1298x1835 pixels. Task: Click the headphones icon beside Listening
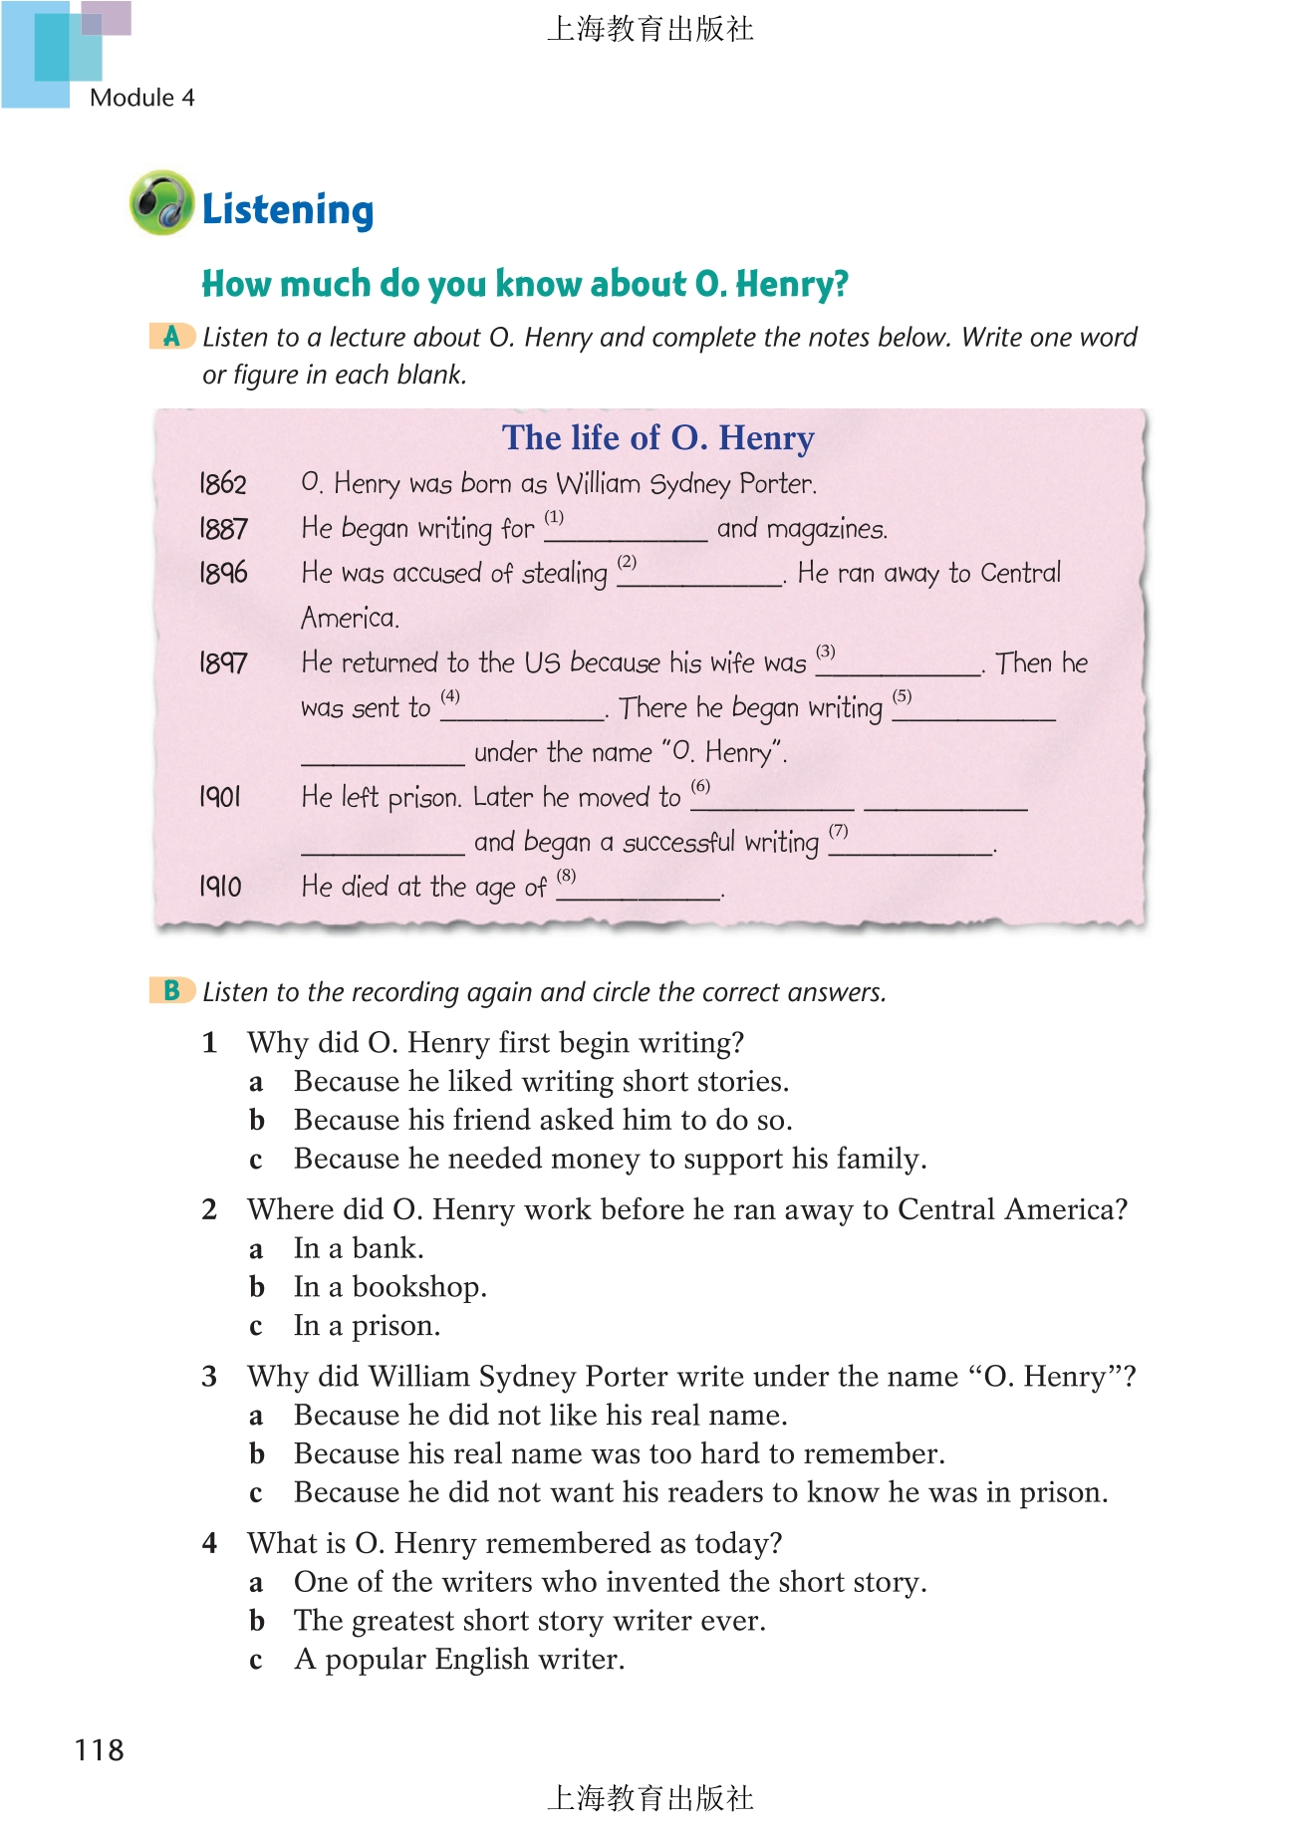click(x=161, y=203)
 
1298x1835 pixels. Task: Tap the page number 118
click(x=99, y=1749)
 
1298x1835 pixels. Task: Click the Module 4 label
click(x=141, y=98)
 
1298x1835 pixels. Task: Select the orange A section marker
click(x=171, y=337)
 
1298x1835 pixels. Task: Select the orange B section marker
click(x=171, y=991)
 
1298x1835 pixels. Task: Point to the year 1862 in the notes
click(x=222, y=484)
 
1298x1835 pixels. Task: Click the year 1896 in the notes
click(x=223, y=573)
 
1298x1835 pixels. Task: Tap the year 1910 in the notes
click(x=220, y=887)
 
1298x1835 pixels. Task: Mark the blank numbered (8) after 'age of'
click(x=639, y=891)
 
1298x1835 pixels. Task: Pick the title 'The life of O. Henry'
click(x=657, y=438)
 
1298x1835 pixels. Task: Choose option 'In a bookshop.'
click(x=389, y=1287)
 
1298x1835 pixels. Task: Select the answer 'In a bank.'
click(x=359, y=1248)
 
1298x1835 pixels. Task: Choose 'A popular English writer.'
click(x=459, y=1660)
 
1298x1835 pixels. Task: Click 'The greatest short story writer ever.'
click(x=529, y=1621)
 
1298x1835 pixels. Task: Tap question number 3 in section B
click(x=209, y=1377)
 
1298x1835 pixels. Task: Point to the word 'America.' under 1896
click(x=350, y=618)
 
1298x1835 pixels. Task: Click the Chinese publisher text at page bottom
click(x=649, y=1798)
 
